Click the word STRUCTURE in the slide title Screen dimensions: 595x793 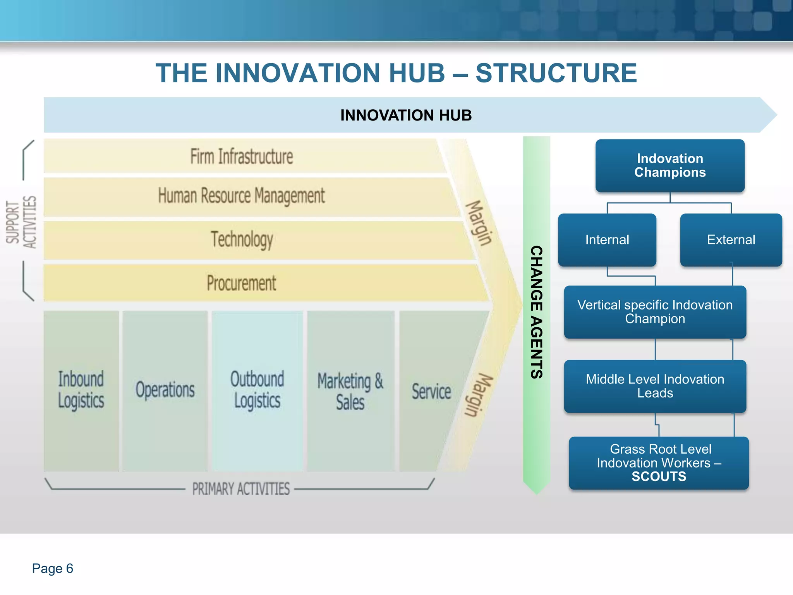(556, 73)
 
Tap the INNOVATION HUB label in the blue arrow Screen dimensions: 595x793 (406, 115)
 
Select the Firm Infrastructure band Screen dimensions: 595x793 (242, 156)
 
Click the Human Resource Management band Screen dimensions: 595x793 (242, 196)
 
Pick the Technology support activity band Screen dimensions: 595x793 (242, 239)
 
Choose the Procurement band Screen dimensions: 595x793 (242, 283)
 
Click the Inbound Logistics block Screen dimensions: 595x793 (81, 390)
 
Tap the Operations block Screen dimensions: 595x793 (165, 390)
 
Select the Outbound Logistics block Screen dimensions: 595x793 (257, 390)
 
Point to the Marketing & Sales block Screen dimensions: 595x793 (350, 391)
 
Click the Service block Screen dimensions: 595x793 (431, 391)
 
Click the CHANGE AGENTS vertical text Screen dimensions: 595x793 (536, 312)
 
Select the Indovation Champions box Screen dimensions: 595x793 (670, 165)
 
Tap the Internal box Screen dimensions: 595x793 (607, 240)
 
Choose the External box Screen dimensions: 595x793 (731, 240)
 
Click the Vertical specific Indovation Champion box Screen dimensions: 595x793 (655, 312)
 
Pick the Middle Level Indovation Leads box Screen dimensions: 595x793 (655, 386)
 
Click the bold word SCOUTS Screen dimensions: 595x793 (659, 477)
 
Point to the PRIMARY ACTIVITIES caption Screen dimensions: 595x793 (241, 489)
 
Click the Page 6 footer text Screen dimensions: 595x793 (53, 568)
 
